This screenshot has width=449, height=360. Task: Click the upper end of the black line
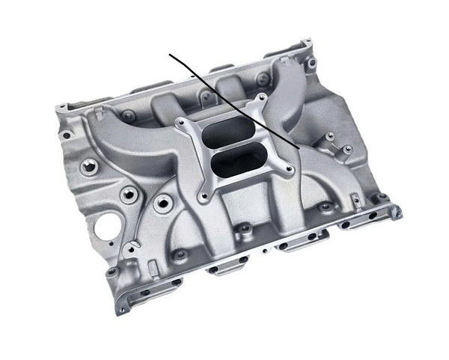coord(171,55)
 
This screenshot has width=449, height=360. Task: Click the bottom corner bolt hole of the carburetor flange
coord(201,198)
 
